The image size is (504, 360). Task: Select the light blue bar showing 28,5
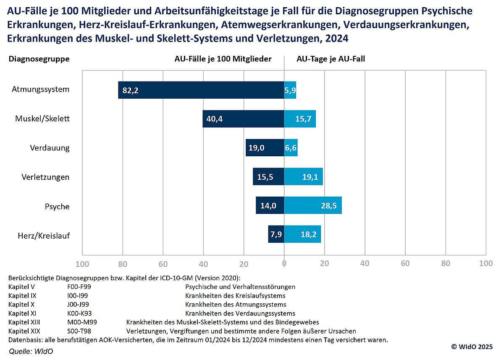point(313,205)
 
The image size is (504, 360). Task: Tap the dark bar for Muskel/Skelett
point(243,119)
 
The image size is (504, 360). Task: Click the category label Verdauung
point(50,148)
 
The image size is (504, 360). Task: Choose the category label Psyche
point(57,207)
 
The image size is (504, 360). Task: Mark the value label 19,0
point(257,148)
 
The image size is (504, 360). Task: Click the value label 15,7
point(303,119)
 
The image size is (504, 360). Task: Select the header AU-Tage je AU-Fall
point(331,59)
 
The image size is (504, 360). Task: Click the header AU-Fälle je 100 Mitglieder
point(223,59)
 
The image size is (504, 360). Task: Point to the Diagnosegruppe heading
point(39,59)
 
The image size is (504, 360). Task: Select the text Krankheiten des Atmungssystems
point(236,305)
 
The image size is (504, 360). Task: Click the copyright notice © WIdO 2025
point(472,347)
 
